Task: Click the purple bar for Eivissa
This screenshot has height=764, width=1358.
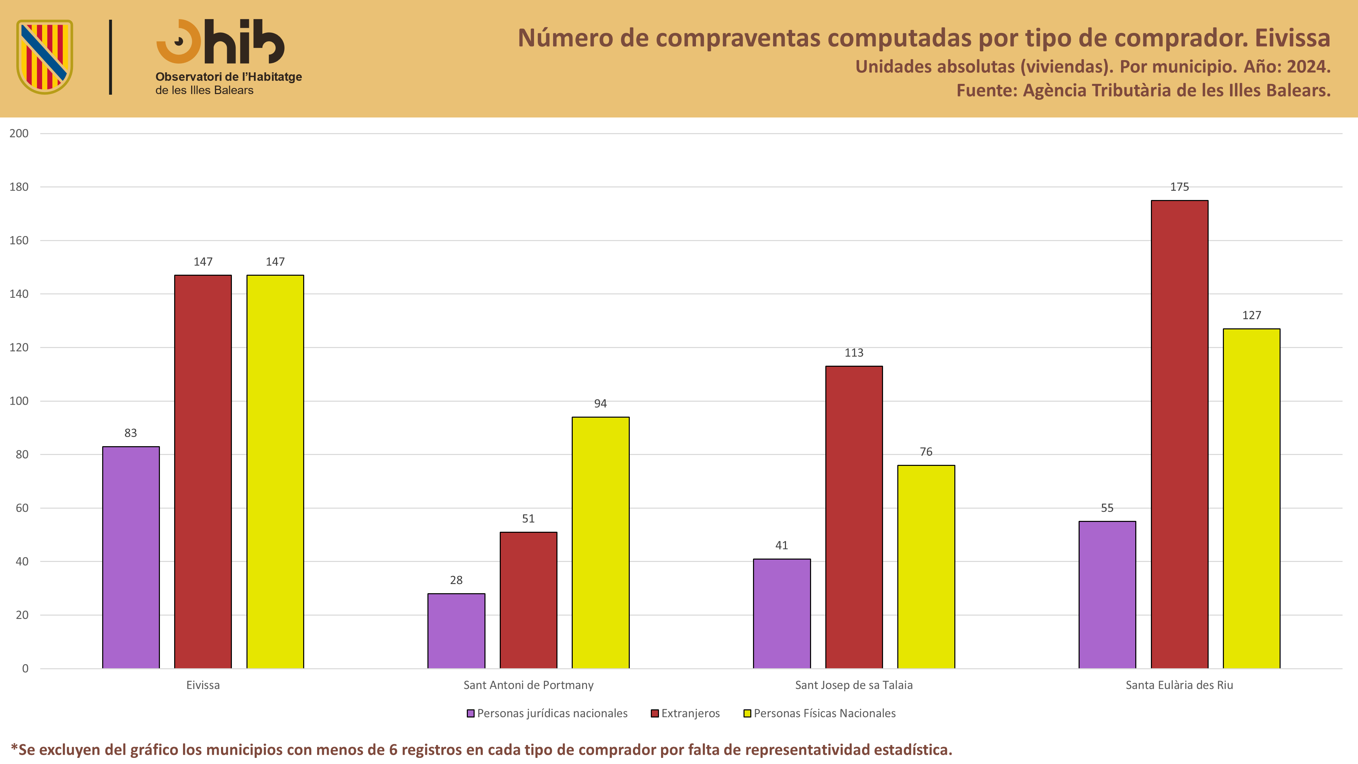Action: coord(131,557)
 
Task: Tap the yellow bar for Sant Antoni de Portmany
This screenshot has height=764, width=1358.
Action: coord(601,543)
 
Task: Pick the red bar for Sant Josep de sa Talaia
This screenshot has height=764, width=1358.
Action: coord(854,517)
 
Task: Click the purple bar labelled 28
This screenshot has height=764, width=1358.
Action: coord(456,631)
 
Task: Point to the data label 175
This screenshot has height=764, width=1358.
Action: coord(1179,187)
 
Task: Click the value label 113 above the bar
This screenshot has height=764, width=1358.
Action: coord(854,353)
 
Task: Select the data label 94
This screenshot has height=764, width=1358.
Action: coord(601,403)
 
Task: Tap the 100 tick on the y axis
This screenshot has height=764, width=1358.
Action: coord(19,401)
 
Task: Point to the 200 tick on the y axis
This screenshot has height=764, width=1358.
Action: coord(19,133)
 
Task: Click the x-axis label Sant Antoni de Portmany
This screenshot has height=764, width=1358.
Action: coord(528,685)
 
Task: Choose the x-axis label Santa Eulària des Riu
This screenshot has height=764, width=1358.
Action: coord(1179,685)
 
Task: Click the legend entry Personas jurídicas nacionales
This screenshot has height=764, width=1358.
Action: coord(547,713)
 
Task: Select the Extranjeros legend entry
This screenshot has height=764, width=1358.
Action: coord(685,713)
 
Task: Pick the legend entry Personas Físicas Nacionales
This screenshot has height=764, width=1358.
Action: coord(820,713)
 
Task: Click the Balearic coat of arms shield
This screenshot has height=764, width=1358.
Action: coord(45,57)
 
